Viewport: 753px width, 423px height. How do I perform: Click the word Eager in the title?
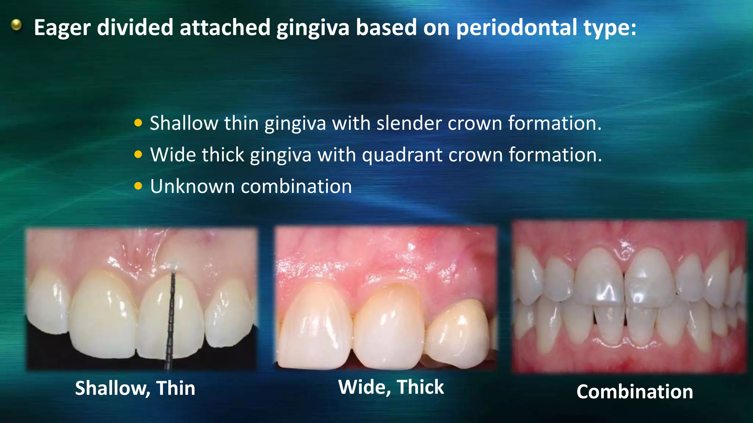pos(62,28)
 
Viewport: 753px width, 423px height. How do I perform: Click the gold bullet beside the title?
pos(16,25)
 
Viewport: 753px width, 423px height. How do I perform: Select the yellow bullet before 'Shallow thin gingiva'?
pos(138,123)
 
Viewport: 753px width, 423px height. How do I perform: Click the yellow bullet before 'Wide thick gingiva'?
pos(138,155)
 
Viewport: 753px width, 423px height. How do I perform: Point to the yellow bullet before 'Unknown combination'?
pos(138,186)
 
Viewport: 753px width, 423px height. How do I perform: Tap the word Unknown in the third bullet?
pos(192,186)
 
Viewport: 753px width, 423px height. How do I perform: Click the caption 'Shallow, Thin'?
pos(135,388)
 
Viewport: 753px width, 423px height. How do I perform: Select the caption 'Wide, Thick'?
pos(391,387)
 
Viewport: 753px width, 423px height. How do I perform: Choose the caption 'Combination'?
pos(635,392)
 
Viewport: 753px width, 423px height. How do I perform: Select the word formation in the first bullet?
pos(554,123)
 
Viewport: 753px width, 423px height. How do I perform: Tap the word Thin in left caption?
pos(175,388)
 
